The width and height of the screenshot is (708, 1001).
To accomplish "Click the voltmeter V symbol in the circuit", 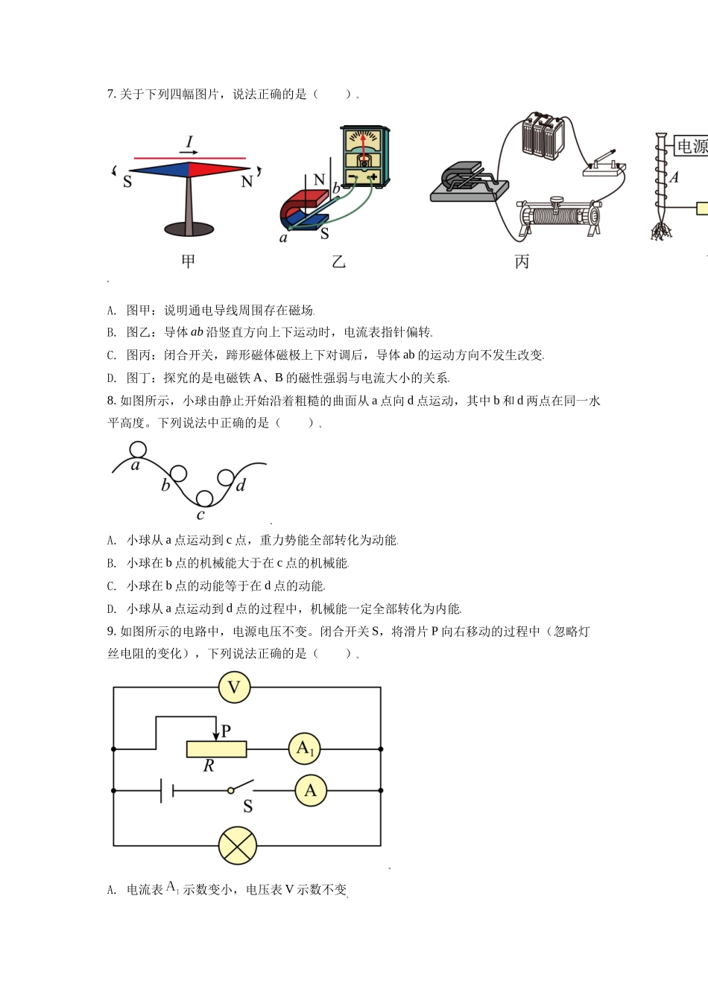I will coord(234,687).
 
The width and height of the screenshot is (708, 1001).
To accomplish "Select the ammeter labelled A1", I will coord(304,749).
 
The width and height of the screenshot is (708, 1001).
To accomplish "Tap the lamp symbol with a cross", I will coord(238,846).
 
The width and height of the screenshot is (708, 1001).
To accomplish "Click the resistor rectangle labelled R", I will coord(216,749).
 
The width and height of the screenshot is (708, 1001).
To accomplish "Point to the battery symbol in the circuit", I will coord(167,790).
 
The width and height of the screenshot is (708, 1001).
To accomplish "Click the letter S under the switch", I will coord(248,807).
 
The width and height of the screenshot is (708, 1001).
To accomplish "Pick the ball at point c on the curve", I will coord(204,498).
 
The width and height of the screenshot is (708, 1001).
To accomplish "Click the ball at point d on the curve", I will coord(226,477).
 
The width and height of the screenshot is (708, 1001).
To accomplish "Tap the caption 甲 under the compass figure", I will coord(189,261).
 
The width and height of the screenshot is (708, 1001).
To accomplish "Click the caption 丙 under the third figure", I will coord(522,261).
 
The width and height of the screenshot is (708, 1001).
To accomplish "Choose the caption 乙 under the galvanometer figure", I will coord(339,261).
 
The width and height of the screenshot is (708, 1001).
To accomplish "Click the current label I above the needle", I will coord(189,142).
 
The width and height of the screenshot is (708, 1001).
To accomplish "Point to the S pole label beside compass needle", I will coord(127,182).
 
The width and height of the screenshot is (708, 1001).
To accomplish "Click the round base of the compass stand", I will coord(189,229).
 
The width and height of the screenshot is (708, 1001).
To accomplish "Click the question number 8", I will coord(111,401).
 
